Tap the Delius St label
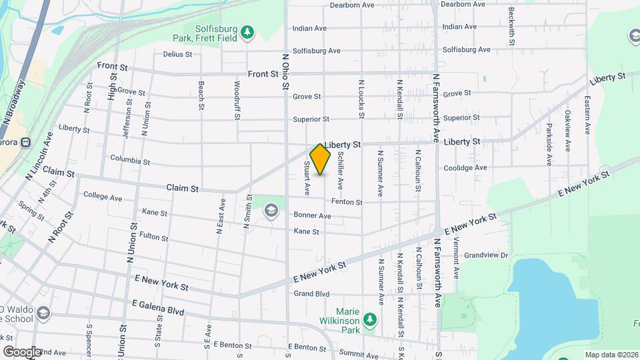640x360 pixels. click(x=177, y=54)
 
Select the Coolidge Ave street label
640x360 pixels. click(x=466, y=167)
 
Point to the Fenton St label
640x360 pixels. click(x=347, y=202)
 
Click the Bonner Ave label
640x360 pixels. click(x=313, y=216)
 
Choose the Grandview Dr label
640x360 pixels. click(x=486, y=255)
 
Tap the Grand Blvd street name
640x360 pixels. click(x=312, y=293)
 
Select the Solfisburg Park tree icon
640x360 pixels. click(x=247, y=32)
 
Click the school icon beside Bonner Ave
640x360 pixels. click(x=271, y=211)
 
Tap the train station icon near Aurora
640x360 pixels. click(x=26, y=141)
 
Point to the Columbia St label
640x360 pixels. click(x=130, y=161)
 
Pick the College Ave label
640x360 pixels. click(x=103, y=197)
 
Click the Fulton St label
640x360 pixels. click(x=154, y=237)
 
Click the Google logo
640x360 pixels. click(x=22, y=351)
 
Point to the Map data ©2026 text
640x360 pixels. click(x=611, y=355)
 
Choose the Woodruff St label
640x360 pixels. click(x=237, y=101)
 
